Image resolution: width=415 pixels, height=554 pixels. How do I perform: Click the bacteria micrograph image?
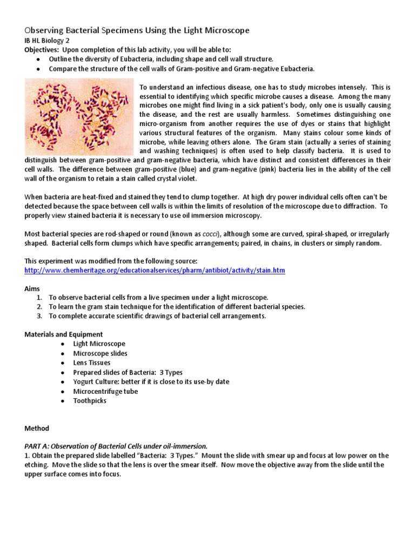pyautogui.click(x=79, y=116)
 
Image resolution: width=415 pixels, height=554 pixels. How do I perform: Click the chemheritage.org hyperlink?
pyautogui.click(x=155, y=270)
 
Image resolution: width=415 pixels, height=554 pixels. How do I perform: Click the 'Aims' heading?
pyautogui.click(x=32, y=289)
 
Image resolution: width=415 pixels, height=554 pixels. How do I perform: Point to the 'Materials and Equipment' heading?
pyautogui.click(x=64, y=334)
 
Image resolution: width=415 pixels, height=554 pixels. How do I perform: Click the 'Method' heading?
pyautogui.click(x=37, y=428)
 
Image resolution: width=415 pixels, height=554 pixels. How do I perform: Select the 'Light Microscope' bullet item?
pyautogui.click(x=99, y=344)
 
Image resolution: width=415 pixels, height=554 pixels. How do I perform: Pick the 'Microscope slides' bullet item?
pyautogui.click(x=100, y=353)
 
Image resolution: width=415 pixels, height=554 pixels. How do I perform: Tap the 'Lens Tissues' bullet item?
pyautogui.click(x=92, y=363)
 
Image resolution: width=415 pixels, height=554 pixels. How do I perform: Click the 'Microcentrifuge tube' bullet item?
pyautogui.click(x=105, y=391)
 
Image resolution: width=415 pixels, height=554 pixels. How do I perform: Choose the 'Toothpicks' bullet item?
pyautogui.click(x=90, y=401)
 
